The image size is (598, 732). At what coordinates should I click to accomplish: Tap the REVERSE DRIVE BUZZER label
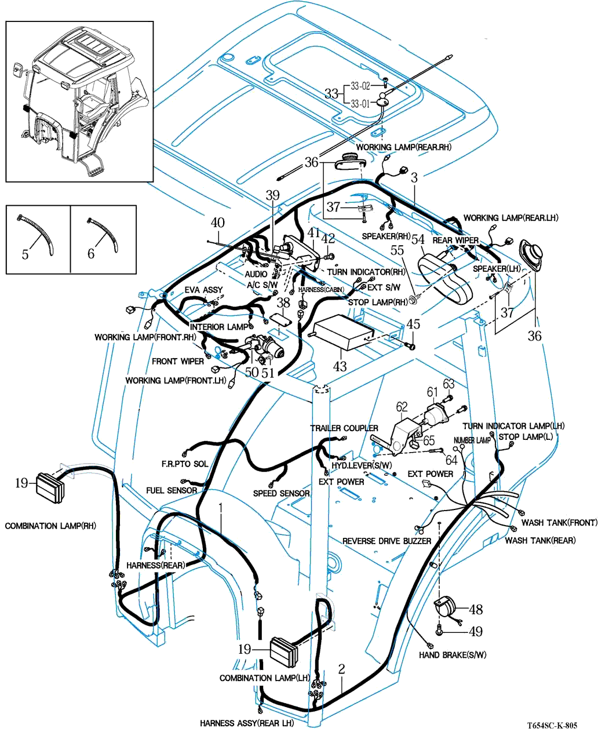[x=386, y=541]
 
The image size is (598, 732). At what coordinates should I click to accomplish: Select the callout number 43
[x=340, y=366]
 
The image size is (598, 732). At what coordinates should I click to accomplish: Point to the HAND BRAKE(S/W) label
[x=453, y=655]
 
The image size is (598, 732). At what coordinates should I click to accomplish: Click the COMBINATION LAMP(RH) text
[x=50, y=526]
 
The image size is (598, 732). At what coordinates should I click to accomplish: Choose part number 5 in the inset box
[x=25, y=254]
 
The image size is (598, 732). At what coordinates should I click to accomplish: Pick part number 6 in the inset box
[x=91, y=254]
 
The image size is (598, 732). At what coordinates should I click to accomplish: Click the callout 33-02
[x=359, y=86]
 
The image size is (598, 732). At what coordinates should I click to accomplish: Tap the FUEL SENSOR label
[x=172, y=490]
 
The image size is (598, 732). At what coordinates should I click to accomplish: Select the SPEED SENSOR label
[x=281, y=493]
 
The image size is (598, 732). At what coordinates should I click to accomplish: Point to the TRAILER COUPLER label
[x=344, y=428]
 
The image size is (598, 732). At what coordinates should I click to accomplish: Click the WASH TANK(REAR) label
[x=540, y=541]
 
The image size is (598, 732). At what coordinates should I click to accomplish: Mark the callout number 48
[x=476, y=609]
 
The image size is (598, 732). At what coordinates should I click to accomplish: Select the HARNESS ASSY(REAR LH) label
[x=247, y=723]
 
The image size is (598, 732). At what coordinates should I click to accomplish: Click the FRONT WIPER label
[x=178, y=361]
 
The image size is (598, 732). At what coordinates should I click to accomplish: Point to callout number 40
[x=217, y=223]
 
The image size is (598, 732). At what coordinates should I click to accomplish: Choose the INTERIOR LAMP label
[x=219, y=327]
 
